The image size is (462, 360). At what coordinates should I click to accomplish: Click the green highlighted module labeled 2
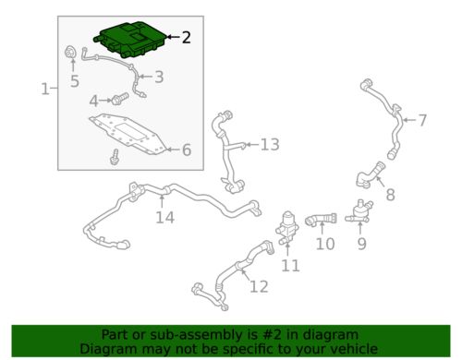pos(131,40)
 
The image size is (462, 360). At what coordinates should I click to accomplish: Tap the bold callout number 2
pos(187,37)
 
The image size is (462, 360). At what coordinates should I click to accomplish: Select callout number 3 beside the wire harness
pos(159,77)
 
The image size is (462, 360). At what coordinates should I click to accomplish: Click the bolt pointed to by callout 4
pos(119,99)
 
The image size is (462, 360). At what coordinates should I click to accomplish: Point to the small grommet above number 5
pos(70,53)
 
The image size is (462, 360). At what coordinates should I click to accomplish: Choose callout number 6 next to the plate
pos(187,150)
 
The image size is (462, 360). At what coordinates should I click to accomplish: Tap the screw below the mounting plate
pos(115,157)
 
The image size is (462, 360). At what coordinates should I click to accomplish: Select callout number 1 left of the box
pos(45,89)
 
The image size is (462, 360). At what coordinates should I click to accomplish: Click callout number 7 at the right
pos(422,120)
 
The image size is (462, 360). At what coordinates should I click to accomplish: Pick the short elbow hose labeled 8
pos(370,174)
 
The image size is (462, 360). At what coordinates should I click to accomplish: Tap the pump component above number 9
pos(359,211)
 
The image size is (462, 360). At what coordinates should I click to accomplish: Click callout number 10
pos(325,244)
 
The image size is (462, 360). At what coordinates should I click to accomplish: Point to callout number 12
pos(259,286)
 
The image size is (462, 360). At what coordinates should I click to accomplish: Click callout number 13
pos(270,144)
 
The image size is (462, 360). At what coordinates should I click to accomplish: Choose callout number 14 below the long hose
pos(165,217)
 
